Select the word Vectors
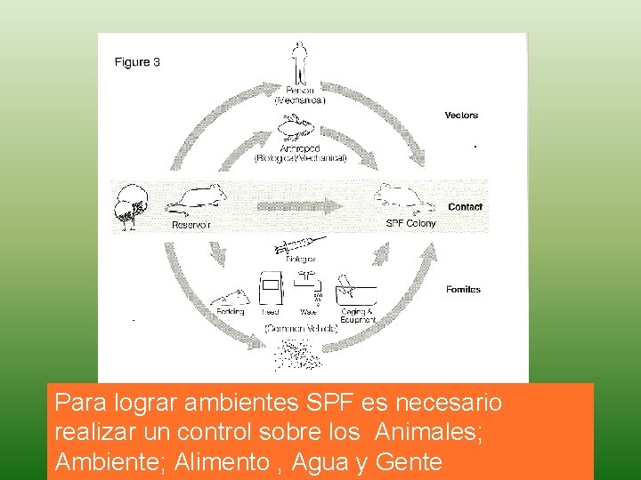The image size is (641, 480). pyautogui.click(x=461, y=115)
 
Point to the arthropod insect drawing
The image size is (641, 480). pyautogui.click(x=298, y=129)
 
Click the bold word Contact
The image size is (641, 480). pyautogui.click(x=465, y=207)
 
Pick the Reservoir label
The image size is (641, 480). pyautogui.click(x=191, y=225)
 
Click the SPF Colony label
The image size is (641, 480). pyautogui.click(x=410, y=223)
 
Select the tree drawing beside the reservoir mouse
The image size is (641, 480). pyautogui.click(x=133, y=204)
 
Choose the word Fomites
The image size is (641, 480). pyautogui.click(x=463, y=289)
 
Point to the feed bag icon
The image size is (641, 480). pyautogui.click(x=270, y=289)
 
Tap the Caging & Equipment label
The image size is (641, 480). pyautogui.click(x=358, y=316)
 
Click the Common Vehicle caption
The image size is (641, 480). pyautogui.click(x=302, y=328)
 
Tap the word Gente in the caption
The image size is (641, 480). pyautogui.click(x=409, y=461)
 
